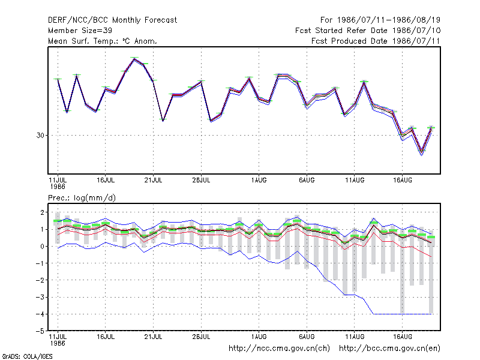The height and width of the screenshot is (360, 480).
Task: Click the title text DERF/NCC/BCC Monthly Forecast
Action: coord(112,20)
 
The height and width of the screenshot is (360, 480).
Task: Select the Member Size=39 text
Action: coord(80,31)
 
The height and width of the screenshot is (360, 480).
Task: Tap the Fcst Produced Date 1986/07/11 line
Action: coord(376,41)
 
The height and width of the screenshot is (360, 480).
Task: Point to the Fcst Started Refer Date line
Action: coord(368,31)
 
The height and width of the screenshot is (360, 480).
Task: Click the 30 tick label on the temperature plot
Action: coord(40,136)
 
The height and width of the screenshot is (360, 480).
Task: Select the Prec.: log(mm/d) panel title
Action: coord(82,198)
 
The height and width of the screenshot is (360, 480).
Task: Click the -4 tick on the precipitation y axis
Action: coord(40,314)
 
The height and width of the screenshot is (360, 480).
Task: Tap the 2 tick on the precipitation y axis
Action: coord(42,212)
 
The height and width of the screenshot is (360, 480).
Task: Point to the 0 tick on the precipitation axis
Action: coord(42,247)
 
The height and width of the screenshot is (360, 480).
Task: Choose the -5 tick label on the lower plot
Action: coord(40,331)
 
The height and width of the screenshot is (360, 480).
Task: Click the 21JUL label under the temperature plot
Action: coord(153,181)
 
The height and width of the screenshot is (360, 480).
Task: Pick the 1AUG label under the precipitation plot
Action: coord(259,337)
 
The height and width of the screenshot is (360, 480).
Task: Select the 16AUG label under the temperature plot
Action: coord(402,181)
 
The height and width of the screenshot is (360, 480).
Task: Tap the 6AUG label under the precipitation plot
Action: coord(307,337)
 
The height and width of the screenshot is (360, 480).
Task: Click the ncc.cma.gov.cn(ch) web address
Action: coord(279,349)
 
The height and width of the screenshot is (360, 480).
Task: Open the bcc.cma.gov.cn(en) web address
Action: coord(389,349)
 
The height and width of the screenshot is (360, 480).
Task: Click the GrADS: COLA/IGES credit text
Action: coord(27,356)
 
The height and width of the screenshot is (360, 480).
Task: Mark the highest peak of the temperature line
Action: coord(134,59)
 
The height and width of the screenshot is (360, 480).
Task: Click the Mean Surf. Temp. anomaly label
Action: coord(103,41)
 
